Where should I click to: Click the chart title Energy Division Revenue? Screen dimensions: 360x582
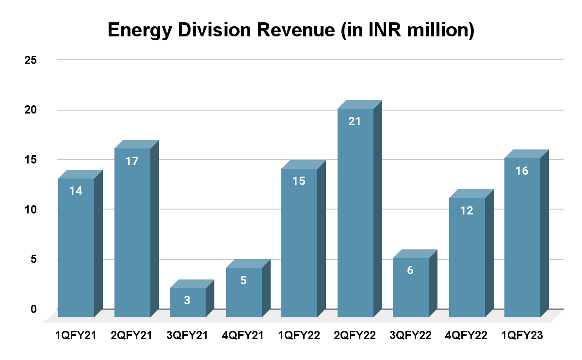pos(291,30)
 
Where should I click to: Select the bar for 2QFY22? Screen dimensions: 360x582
pos(356,213)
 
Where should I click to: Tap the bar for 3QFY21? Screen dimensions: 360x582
pos(188,303)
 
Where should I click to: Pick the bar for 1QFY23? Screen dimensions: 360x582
pos(522,238)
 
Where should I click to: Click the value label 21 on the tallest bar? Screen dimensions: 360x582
pos(355,121)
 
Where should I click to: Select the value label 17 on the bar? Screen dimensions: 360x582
pos(132,161)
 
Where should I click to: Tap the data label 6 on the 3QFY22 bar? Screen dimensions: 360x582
pos(410,271)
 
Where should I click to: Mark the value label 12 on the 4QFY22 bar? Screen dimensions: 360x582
pos(467,211)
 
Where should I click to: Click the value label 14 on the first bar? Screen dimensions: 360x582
pos(76,191)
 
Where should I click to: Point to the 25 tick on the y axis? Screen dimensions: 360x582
pos(32,60)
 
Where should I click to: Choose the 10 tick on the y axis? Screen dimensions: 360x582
pos(32,209)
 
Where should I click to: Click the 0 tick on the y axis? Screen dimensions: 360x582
pos(34,309)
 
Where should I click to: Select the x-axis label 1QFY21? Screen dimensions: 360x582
pos(76,336)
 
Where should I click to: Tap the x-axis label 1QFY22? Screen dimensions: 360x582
pos(300,336)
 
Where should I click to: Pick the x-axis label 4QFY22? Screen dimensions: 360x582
pos(467,336)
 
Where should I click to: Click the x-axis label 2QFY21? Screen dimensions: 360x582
pos(132,336)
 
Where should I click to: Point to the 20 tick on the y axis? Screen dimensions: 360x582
pos(32,110)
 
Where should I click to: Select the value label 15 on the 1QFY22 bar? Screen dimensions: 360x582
pos(299,181)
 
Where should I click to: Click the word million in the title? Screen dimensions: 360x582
pos(431,30)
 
